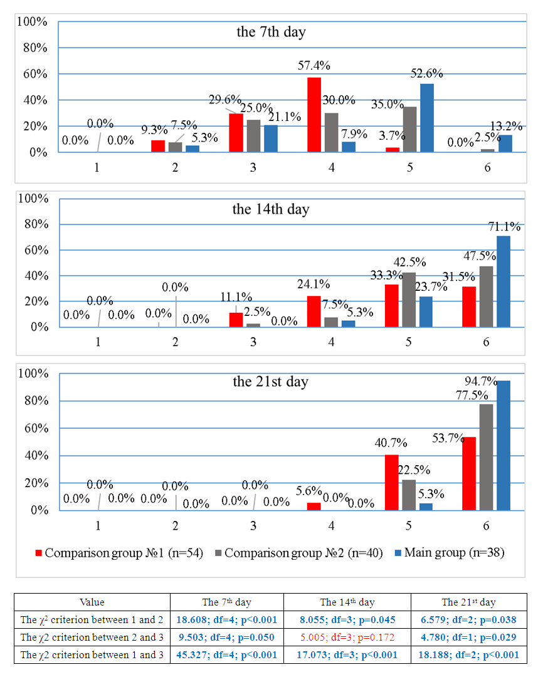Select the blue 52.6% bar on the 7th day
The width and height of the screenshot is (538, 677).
point(426,118)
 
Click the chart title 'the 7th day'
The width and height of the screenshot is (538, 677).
point(271,32)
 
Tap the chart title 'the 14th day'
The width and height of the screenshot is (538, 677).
point(271,209)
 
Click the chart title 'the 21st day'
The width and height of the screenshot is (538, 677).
point(271,381)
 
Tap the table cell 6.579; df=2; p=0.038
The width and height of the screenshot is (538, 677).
point(468,619)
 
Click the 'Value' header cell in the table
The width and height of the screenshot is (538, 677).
point(92,602)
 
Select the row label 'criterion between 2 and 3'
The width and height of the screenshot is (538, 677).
point(92,637)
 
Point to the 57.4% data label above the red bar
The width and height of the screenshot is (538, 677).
point(314,65)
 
